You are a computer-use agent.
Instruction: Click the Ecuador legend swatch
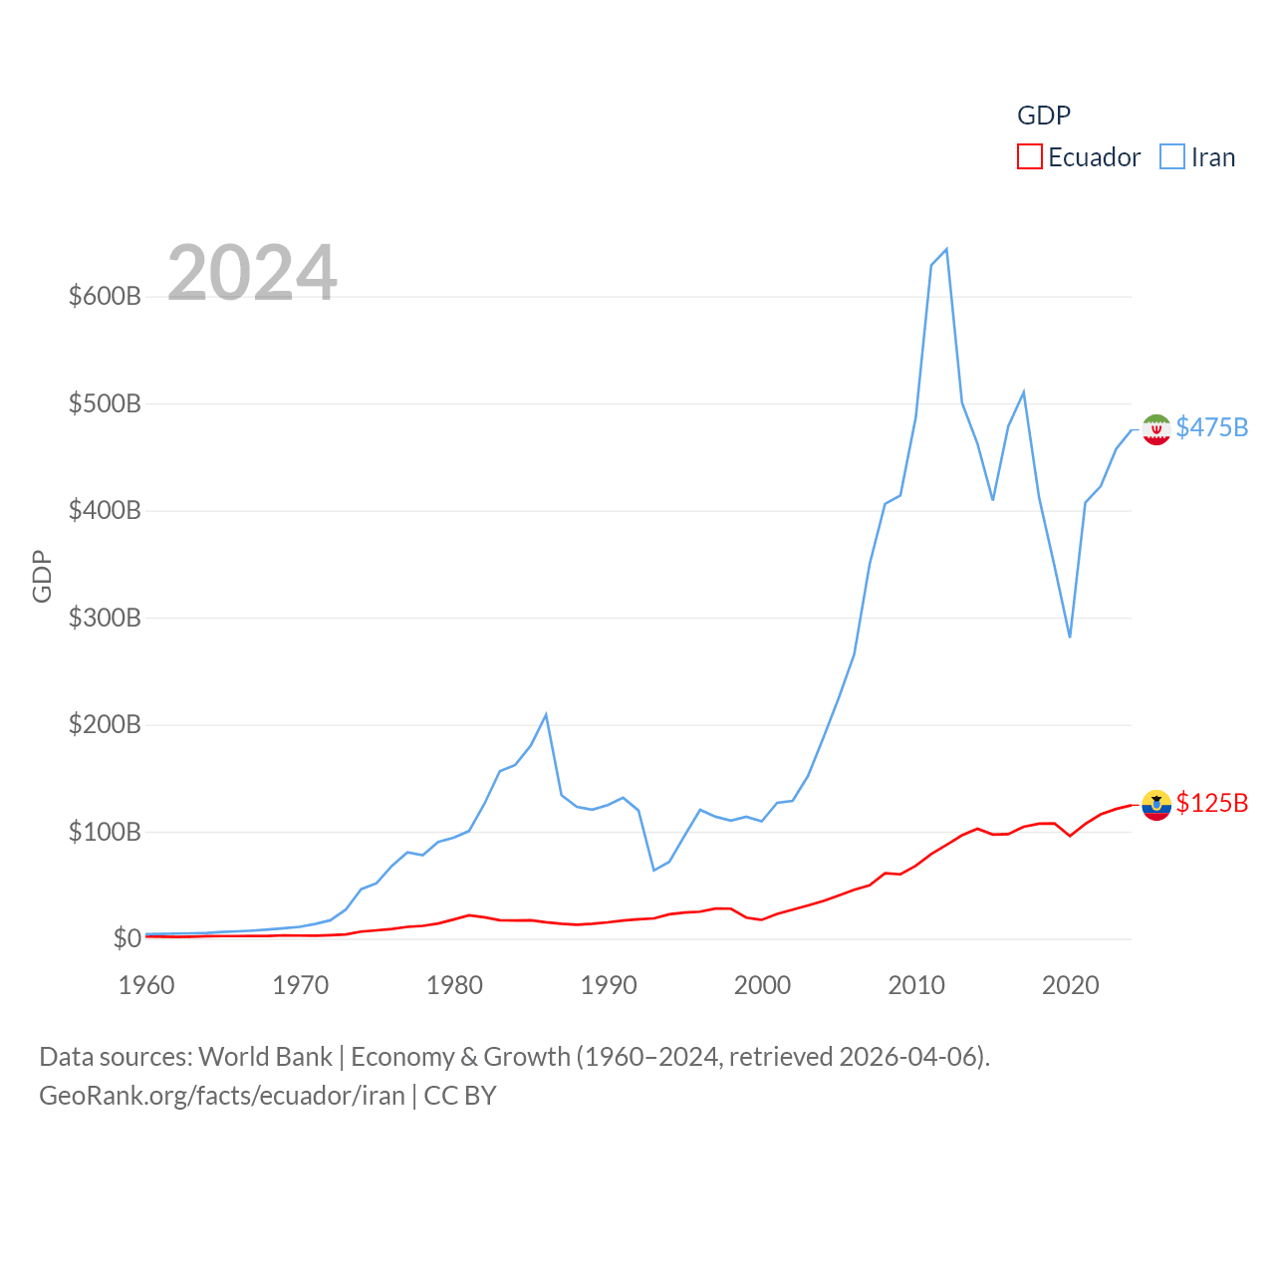click(x=1029, y=157)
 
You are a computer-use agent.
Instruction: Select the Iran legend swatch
click(x=1172, y=157)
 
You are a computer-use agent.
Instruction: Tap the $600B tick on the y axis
click(x=105, y=297)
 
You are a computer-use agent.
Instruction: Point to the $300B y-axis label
click(x=105, y=618)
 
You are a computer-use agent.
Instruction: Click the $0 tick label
click(x=127, y=938)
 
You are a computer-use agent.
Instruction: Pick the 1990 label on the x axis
click(x=609, y=985)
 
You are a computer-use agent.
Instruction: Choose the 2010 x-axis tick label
click(x=916, y=985)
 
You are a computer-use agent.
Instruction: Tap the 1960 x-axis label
click(x=146, y=985)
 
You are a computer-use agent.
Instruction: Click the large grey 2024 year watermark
click(x=252, y=273)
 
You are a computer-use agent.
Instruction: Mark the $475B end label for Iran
click(x=1211, y=427)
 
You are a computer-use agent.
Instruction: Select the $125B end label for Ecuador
click(x=1211, y=803)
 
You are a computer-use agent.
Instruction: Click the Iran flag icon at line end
click(x=1156, y=429)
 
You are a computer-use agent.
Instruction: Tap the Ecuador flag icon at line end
click(x=1156, y=805)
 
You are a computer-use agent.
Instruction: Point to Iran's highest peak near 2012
click(x=946, y=249)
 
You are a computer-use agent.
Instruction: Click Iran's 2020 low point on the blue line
click(x=1070, y=637)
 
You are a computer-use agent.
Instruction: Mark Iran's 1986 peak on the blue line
click(x=546, y=714)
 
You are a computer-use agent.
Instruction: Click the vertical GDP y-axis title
click(x=42, y=576)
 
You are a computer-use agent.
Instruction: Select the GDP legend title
click(x=1044, y=116)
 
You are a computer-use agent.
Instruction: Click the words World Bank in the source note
click(x=265, y=1056)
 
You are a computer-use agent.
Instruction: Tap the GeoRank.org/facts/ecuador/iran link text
click(x=222, y=1096)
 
